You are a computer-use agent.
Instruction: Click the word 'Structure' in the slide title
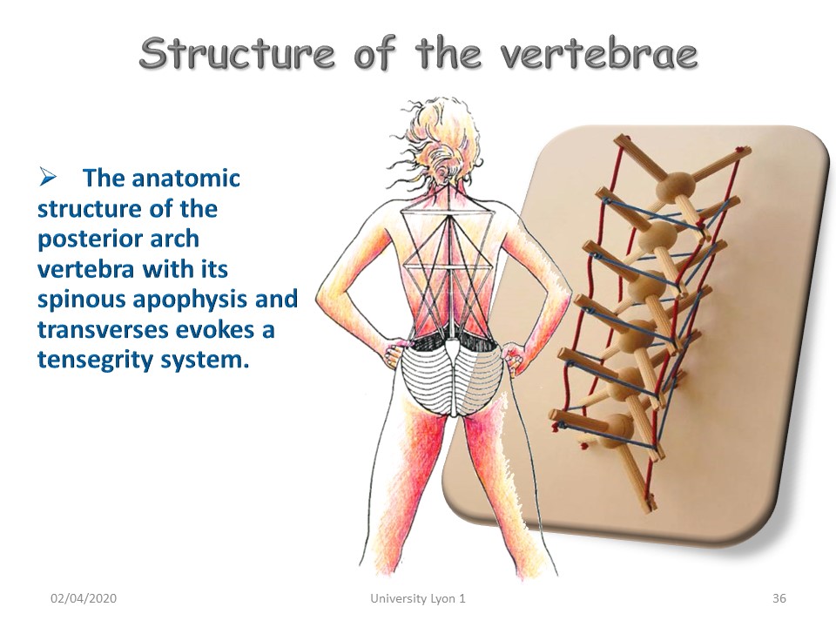(x=237, y=53)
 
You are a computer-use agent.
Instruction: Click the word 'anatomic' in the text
(x=185, y=178)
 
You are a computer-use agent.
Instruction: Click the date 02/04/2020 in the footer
(x=84, y=598)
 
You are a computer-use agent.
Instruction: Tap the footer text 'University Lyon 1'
(x=418, y=598)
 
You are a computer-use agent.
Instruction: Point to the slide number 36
(x=779, y=598)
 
